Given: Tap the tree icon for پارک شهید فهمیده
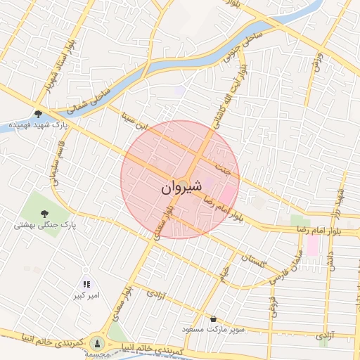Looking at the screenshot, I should [38, 113].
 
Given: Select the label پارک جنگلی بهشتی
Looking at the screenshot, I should [44, 226].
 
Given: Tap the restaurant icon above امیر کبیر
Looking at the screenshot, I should [86, 284].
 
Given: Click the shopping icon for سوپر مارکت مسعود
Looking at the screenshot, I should [213, 319].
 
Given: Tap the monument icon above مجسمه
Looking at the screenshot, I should [97, 342].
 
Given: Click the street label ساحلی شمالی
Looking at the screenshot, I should [91, 98].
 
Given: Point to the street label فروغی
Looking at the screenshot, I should [272, 305].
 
